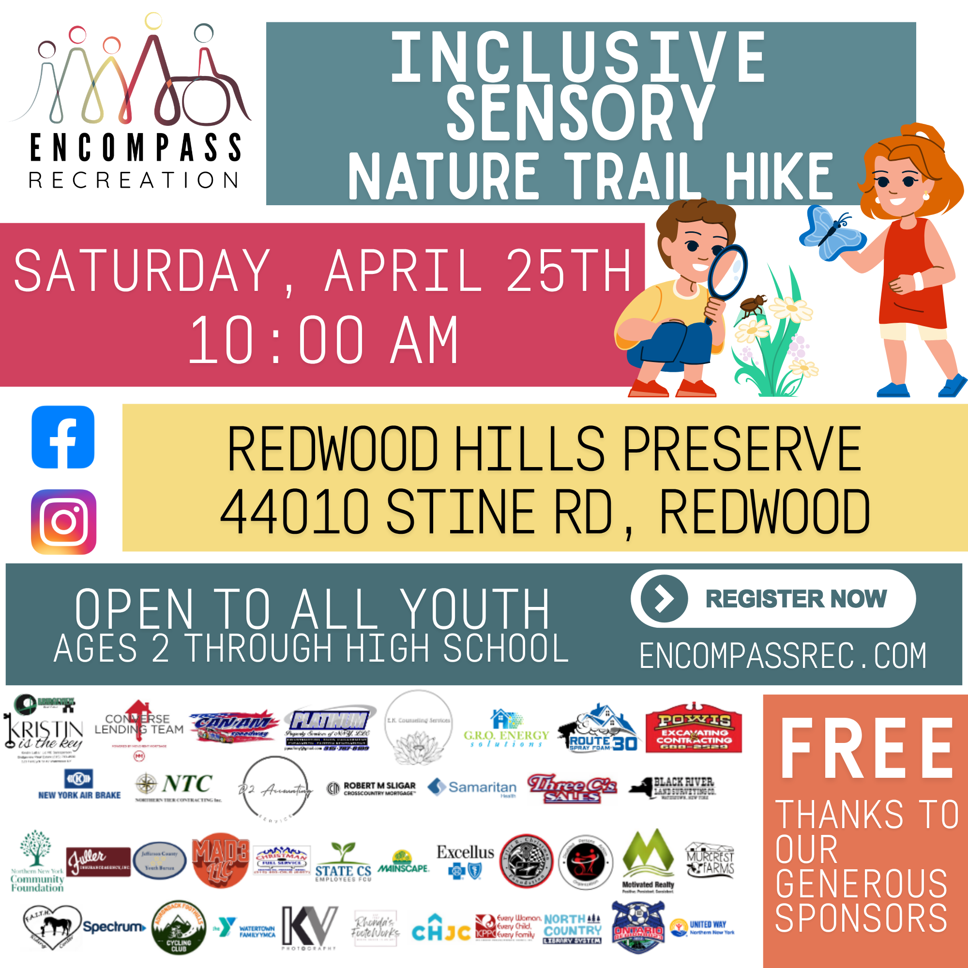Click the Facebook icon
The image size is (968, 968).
click(63, 437)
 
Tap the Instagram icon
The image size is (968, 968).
click(63, 522)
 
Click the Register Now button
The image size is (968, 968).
click(772, 599)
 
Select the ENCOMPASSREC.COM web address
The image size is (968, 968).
click(783, 656)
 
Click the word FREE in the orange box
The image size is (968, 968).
click(866, 749)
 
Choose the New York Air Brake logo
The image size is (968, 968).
click(79, 785)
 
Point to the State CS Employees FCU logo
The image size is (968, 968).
click(343, 862)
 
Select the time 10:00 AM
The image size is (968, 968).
click(323, 340)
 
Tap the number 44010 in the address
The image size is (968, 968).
click(295, 512)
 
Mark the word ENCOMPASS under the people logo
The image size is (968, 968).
click(136, 147)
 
